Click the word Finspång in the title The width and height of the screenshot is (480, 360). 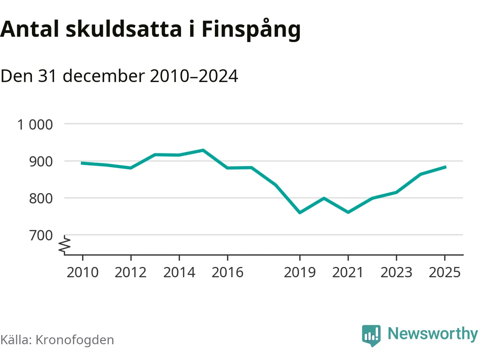pos(251,30)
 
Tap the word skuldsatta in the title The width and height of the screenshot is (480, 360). pos(124,29)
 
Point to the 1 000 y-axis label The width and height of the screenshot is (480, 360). pos(35,124)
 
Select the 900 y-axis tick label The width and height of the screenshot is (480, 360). pos(41,162)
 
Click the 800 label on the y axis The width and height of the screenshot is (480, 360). pos(41,198)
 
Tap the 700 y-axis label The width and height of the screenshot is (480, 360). pos(41,235)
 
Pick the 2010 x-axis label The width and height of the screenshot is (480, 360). pos(82,273)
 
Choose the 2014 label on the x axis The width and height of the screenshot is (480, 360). pos(179,273)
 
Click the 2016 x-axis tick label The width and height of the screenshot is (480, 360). pos(228,273)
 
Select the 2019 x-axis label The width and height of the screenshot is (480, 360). pos(300,273)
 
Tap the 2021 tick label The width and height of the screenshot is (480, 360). pos(348,273)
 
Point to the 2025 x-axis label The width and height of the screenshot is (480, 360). pos(444,273)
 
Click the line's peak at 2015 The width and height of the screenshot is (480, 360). pos(203,150)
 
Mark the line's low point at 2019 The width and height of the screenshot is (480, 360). pos(300,213)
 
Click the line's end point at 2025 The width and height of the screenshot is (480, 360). pos(445,167)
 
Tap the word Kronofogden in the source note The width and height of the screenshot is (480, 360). pos(75,340)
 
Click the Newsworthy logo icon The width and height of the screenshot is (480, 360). pos(371,335)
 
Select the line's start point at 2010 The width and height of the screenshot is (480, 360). pos(82,163)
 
